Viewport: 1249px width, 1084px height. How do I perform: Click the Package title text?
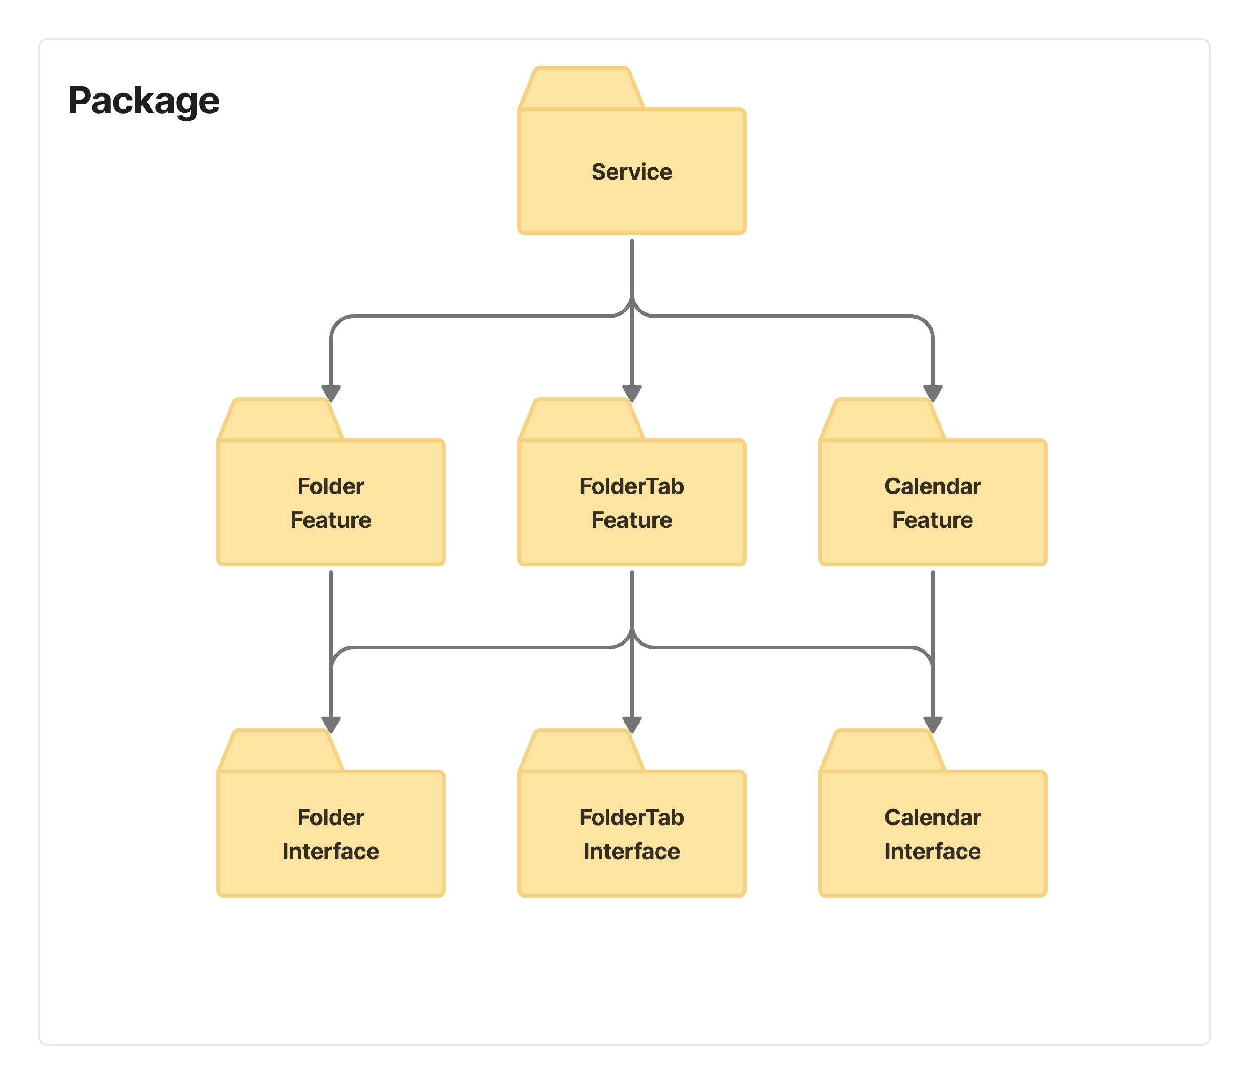click(144, 101)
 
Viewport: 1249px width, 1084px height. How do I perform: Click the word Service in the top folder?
click(632, 172)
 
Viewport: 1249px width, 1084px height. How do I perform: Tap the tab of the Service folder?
click(582, 88)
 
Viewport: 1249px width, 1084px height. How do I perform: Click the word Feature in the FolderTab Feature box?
click(632, 520)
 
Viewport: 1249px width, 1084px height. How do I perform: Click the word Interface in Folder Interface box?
click(331, 852)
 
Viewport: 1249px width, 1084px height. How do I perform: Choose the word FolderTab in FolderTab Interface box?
click(632, 818)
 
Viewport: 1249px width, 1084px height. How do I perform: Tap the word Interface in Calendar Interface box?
click(933, 852)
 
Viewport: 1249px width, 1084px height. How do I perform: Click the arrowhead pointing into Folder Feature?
click(331, 393)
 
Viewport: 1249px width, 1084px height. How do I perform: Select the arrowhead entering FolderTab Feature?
click(632, 393)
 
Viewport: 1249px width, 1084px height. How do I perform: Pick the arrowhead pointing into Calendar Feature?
click(933, 393)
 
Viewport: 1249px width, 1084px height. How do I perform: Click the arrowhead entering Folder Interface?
click(331, 725)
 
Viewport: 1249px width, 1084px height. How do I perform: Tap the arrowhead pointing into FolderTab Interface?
click(632, 725)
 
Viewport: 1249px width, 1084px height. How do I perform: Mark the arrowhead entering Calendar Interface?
click(933, 725)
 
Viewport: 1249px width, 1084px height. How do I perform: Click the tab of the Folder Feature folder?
click(281, 420)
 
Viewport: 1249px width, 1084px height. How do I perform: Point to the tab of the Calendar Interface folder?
click(883, 751)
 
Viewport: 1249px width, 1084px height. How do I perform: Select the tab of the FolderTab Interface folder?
click(582, 751)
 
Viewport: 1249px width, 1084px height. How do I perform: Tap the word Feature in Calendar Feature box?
click(933, 520)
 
